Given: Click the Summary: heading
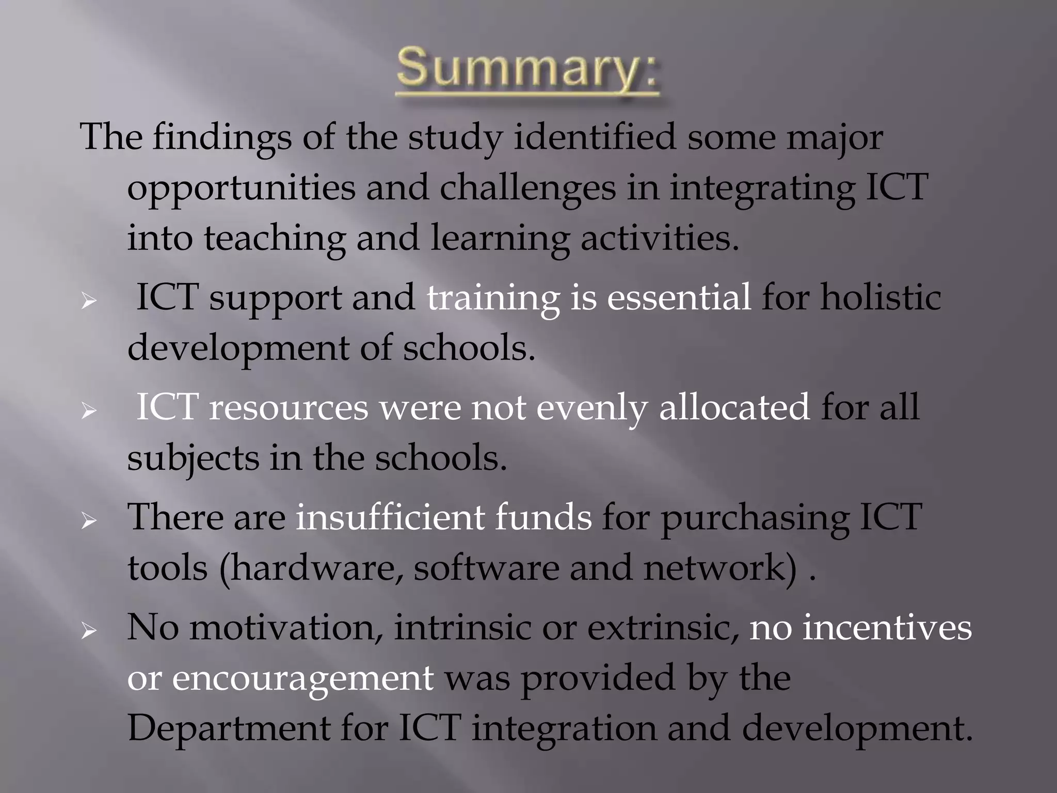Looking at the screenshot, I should [x=527, y=71].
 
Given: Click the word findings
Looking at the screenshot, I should [x=221, y=138].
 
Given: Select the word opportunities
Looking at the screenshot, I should [x=241, y=188].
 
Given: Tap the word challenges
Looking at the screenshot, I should [x=527, y=188].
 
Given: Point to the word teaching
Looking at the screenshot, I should [x=274, y=239].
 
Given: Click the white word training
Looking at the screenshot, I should [x=493, y=298].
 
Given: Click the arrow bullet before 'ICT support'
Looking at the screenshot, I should [x=89, y=301].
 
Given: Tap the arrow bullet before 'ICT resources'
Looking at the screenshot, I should [x=89, y=411].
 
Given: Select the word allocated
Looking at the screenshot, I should [x=734, y=407].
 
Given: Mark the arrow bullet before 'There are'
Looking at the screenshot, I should [x=89, y=521].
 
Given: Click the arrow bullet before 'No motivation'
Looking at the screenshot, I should [x=89, y=631].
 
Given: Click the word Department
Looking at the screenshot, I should [x=229, y=728].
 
